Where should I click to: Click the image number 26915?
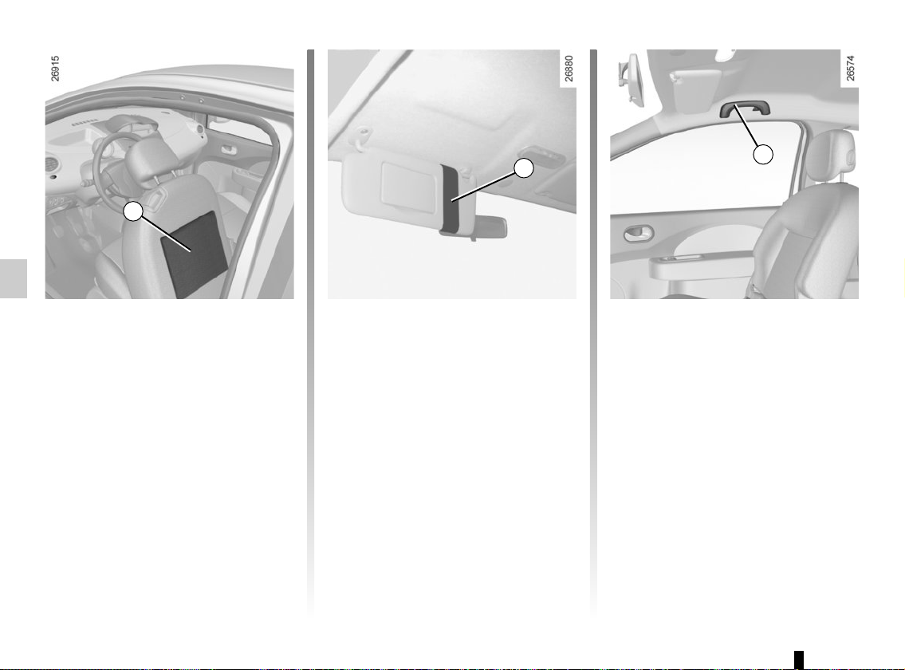pyautogui.click(x=55, y=69)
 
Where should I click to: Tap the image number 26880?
pyautogui.click(x=569, y=69)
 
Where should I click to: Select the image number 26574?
pyautogui.click(x=850, y=68)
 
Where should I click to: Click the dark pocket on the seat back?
pyautogui.click(x=195, y=254)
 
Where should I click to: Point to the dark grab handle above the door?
pyautogui.click(x=745, y=108)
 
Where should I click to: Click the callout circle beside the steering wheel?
pyautogui.click(x=133, y=211)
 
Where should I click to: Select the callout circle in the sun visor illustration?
pyautogui.click(x=524, y=168)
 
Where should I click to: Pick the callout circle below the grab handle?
pyautogui.click(x=763, y=154)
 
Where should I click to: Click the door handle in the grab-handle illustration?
pyautogui.click(x=639, y=234)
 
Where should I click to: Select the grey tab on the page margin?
pyautogui.click(x=14, y=278)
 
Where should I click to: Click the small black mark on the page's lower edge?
pyautogui.click(x=799, y=660)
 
